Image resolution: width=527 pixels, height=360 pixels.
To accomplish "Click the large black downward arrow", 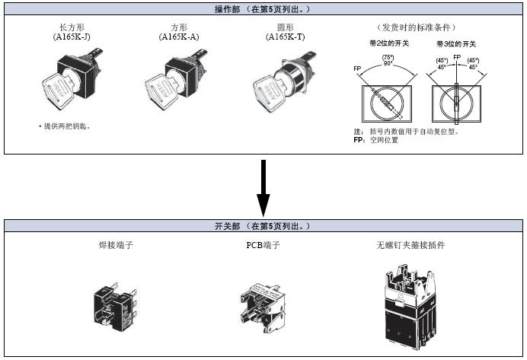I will point(263,186).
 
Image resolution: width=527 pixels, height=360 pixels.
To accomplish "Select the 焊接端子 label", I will point(112,246).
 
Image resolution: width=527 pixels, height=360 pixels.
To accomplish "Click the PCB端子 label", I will point(263,246).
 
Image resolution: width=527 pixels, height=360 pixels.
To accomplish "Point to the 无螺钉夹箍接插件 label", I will point(410,246).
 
